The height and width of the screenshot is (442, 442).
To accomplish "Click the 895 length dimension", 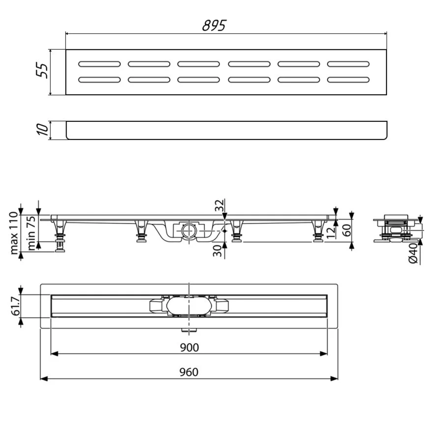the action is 214,26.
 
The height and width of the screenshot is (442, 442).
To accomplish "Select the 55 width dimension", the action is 42,70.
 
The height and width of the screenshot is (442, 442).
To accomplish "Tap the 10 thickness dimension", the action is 42,129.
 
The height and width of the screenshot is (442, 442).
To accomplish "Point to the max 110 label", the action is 13,234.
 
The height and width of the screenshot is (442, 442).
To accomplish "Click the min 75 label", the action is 31,233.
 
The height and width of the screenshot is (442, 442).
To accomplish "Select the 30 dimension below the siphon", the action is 217,251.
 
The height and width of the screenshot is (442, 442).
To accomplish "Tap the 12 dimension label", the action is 331,232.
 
